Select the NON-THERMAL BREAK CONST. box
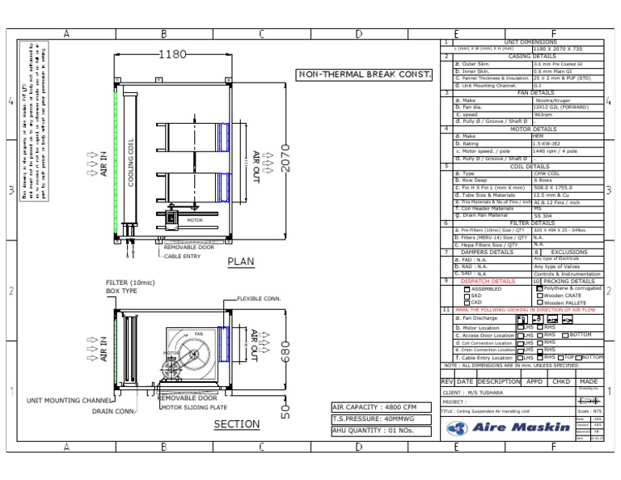coord(364,74)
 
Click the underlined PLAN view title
coord(241,261)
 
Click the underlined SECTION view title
coord(236,424)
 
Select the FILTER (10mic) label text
coord(130,282)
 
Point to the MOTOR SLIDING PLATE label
coord(192,407)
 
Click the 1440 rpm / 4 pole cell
coord(555,151)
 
